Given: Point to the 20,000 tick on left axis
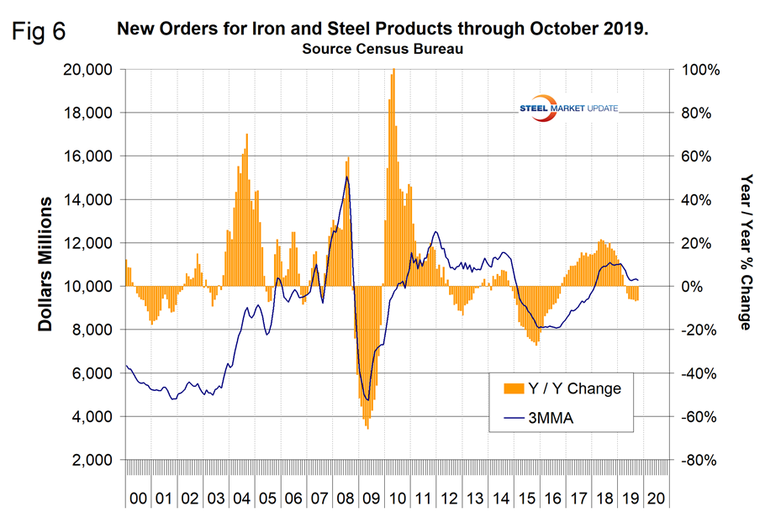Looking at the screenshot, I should point(88,70).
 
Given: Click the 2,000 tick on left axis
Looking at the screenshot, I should point(92,460).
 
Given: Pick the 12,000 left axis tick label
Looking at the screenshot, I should point(88,243).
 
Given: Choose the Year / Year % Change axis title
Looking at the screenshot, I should point(745,252).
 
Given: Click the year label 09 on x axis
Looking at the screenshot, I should point(369,499).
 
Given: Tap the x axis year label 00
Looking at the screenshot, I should point(137,499).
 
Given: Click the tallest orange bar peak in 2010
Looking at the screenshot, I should point(393,71).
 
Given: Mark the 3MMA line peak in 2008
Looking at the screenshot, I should point(346,177).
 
